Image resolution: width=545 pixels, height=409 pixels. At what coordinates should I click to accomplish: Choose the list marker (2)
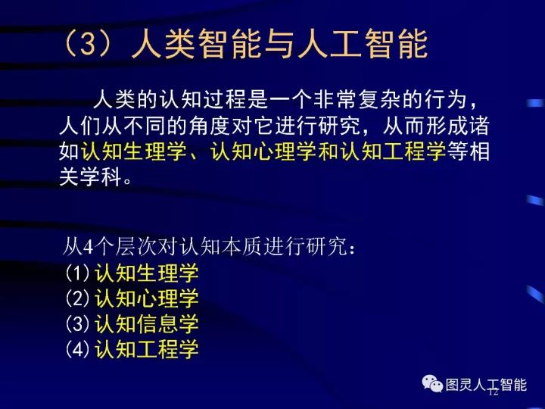coord(77,298)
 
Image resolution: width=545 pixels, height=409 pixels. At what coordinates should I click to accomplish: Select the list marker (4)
coord(77,350)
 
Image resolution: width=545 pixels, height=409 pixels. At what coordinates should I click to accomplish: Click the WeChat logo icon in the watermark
coord(433,384)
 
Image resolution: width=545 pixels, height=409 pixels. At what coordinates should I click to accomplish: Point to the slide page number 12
coord(494,392)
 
